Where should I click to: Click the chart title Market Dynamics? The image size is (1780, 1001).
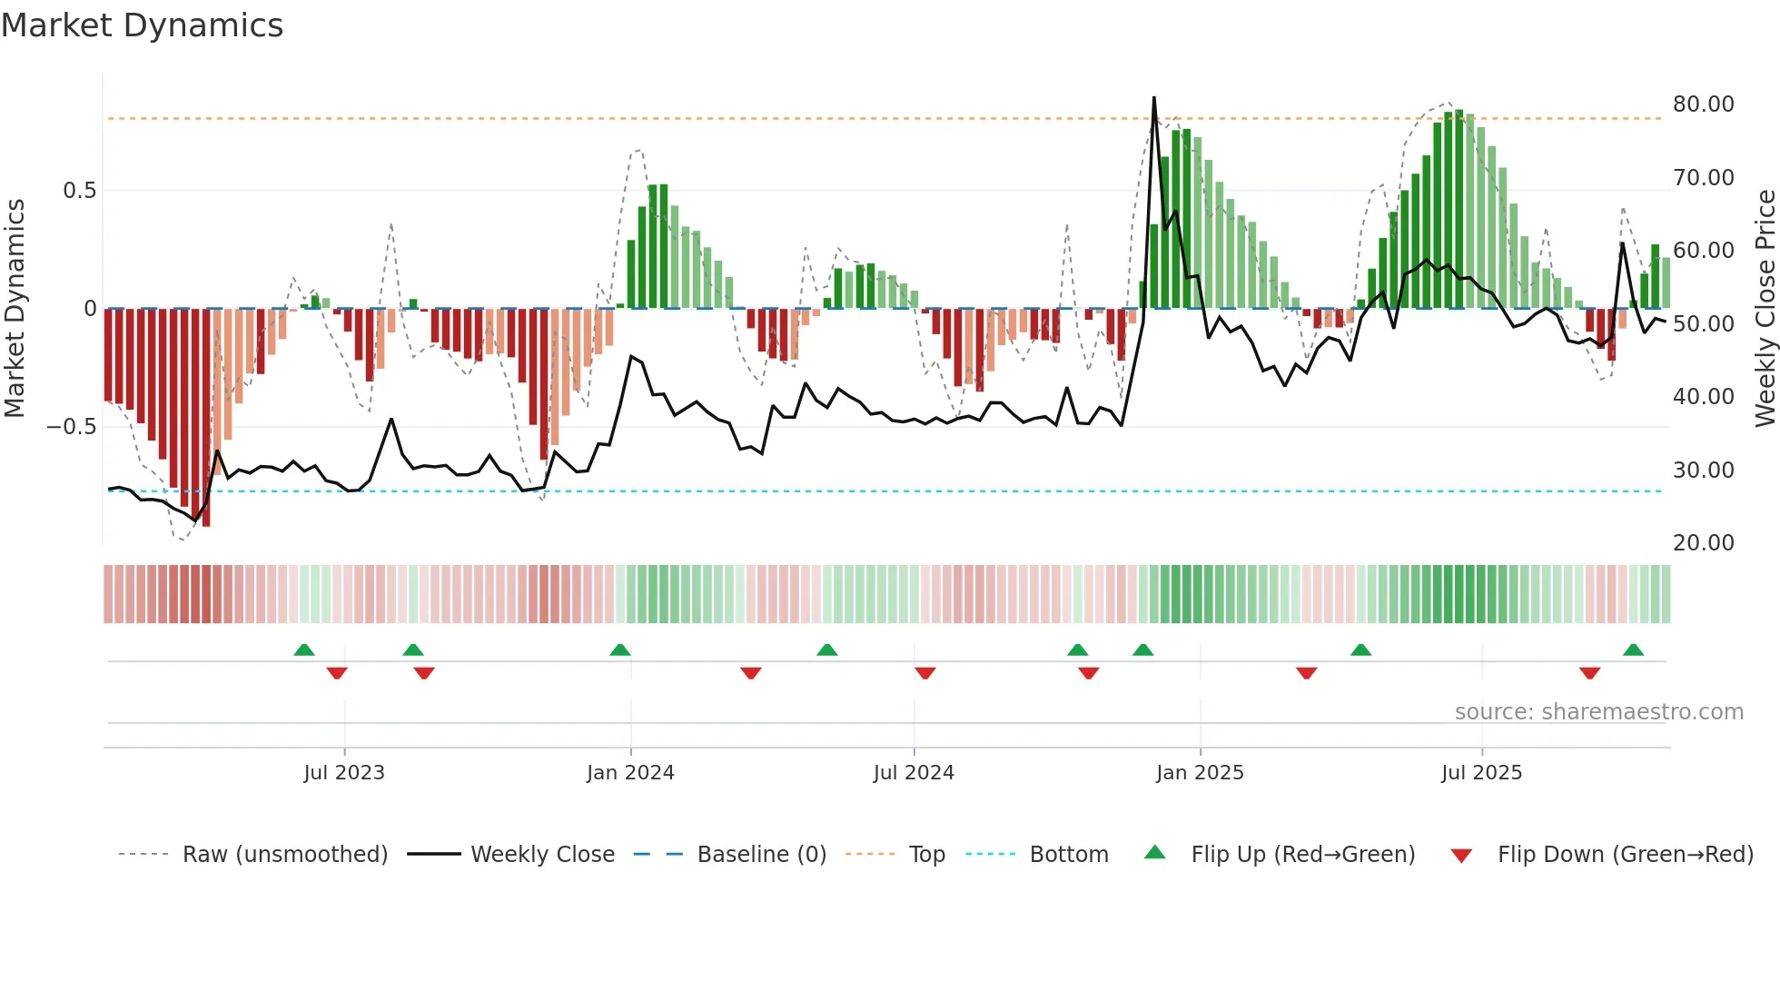pyautogui.click(x=142, y=25)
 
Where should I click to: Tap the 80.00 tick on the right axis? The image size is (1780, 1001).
pyautogui.click(x=1703, y=104)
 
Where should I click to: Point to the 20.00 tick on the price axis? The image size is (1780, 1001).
pyautogui.click(x=1703, y=543)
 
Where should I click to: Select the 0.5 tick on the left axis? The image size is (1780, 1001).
pyautogui.click(x=79, y=191)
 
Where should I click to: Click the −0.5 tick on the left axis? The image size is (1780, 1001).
pyautogui.click(x=72, y=427)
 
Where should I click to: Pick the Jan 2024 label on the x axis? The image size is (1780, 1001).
pyautogui.click(x=630, y=773)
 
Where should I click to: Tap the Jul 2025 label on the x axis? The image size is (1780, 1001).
pyautogui.click(x=1481, y=773)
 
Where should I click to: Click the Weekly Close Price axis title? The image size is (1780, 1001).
pyautogui.click(x=1765, y=309)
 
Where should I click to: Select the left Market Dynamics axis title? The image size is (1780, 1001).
pyautogui.click(x=15, y=309)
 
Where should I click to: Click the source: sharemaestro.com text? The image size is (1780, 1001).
pyautogui.click(x=1598, y=712)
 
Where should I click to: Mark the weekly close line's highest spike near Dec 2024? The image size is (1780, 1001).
pyautogui.click(x=1154, y=98)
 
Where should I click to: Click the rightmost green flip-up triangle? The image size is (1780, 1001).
pyautogui.click(x=1633, y=650)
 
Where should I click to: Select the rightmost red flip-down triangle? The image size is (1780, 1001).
pyautogui.click(x=1589, y=673)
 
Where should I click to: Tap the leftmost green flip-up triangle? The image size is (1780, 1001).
pyautogui.click(x=304, y=650)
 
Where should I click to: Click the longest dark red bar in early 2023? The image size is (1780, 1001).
pyautogui.click(x=206, y=418)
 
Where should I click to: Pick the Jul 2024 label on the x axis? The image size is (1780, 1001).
pyautogui.click(x=914, y=773)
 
